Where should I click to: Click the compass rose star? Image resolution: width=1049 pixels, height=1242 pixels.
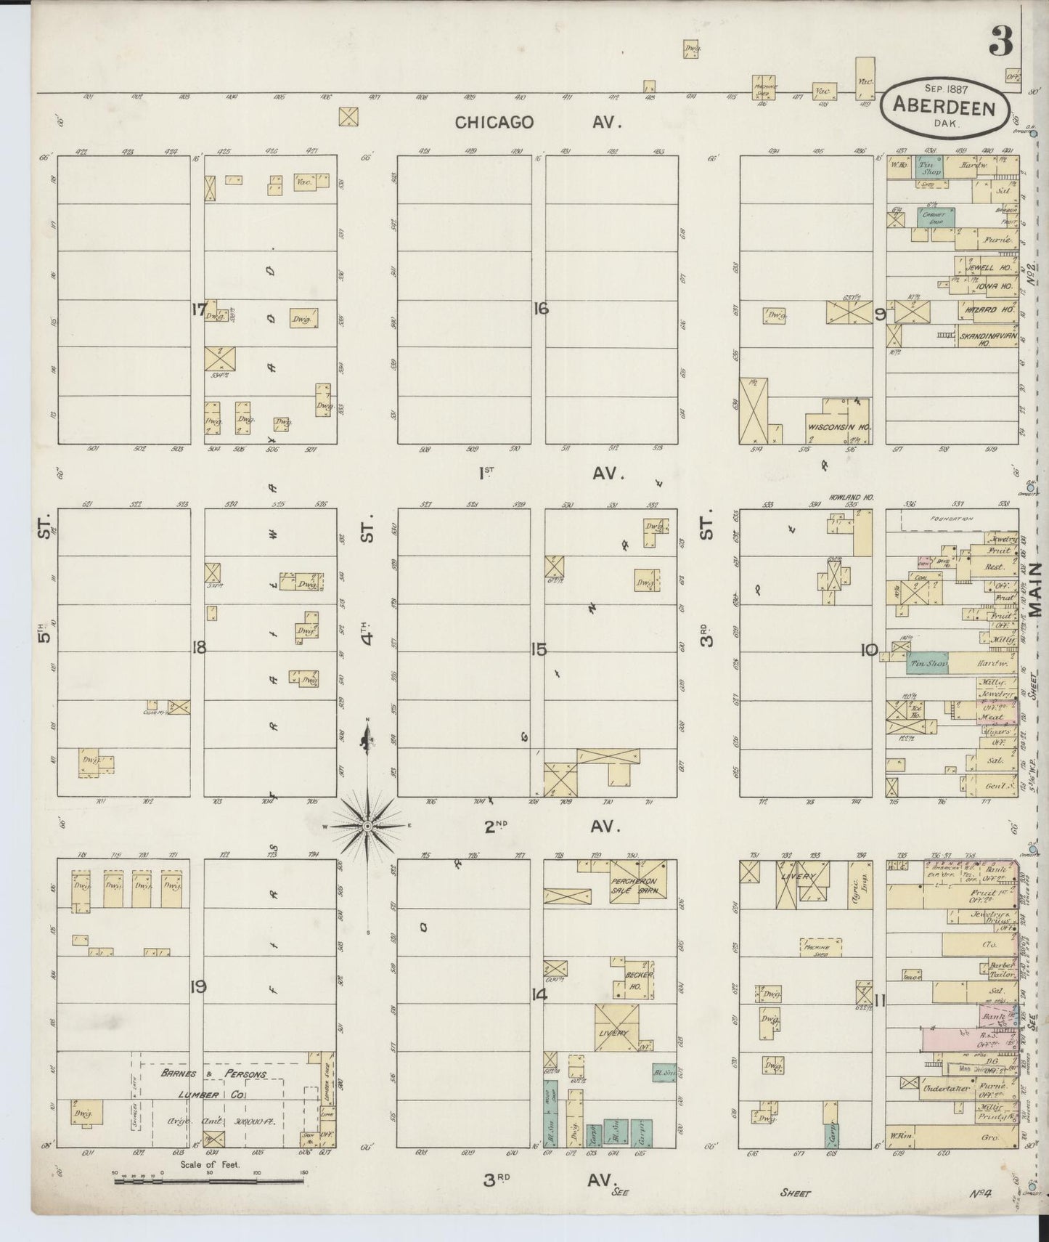pyautogui.click(x=367, y=826)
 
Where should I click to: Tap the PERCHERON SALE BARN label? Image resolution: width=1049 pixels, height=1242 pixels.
pyautogui.click(x=637, y=877)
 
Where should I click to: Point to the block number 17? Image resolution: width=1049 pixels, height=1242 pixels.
pyautogui.click(x=197, y=309)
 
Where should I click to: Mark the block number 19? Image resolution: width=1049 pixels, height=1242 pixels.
pyautogui.click(x=197, y=986)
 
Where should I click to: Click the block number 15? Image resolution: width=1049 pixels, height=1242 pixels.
pyautogui.click(x=538, y=649)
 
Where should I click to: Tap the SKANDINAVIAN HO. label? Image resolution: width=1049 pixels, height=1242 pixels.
pyautogui.click(x=987, y=339)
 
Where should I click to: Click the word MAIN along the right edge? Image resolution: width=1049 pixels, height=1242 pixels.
pyautogui.click(x=1036, y=588)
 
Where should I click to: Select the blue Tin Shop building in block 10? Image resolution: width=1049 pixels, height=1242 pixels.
pyautogui.click(x=927, y=662)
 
